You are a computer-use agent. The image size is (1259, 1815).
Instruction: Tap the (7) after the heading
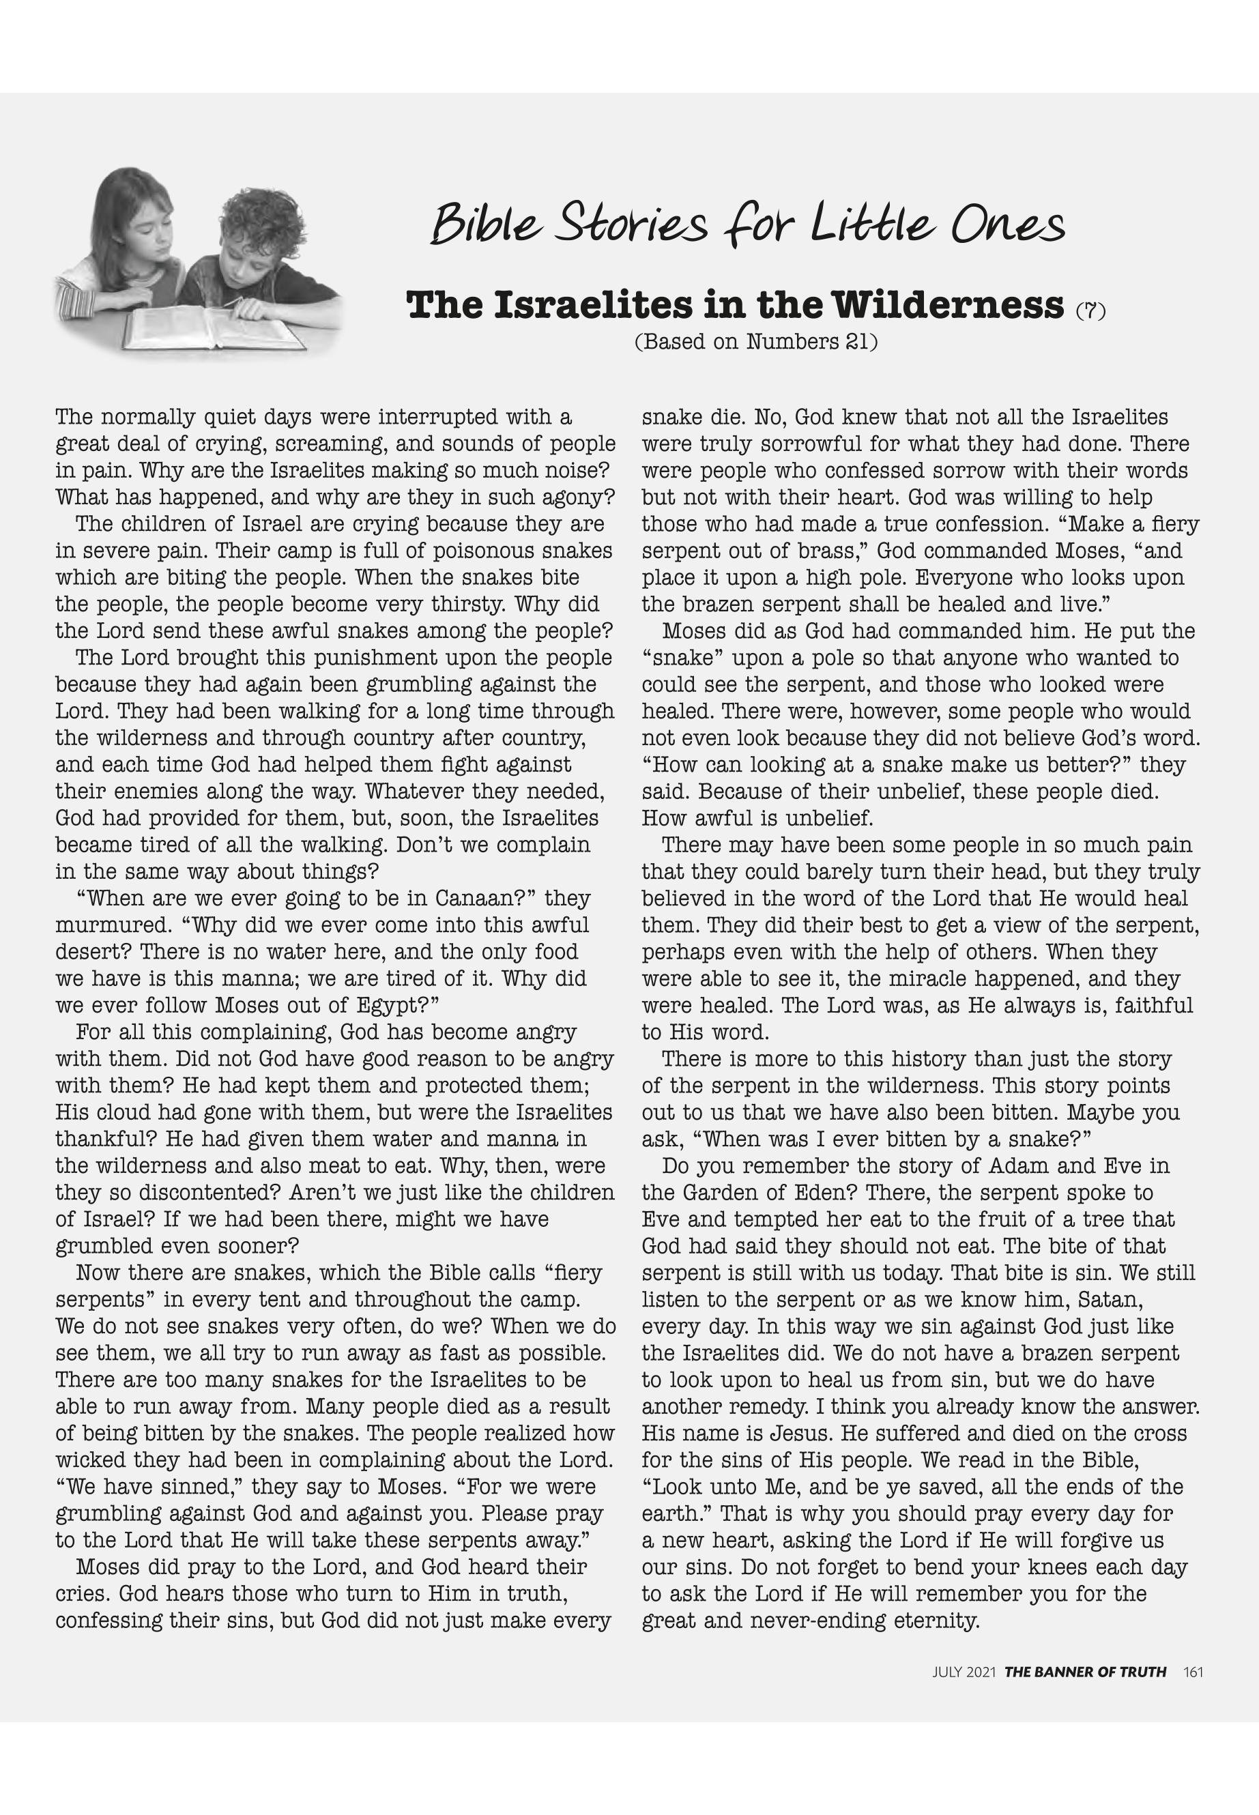coord(1091,310)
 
